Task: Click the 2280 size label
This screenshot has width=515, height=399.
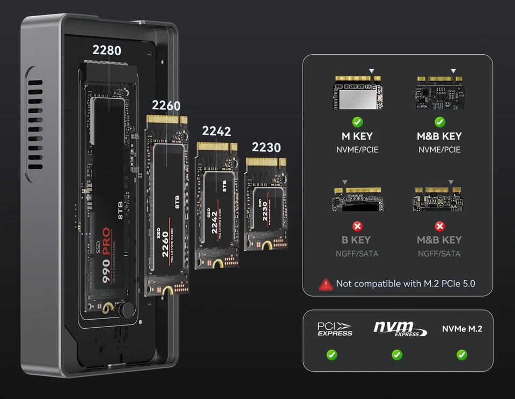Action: click(x=107, y=50)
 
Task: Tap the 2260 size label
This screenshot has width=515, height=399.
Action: click(x=166, y=106)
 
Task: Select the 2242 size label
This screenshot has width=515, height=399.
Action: click(x=216, y=131)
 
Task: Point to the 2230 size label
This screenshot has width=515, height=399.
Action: click(x=266, y=147)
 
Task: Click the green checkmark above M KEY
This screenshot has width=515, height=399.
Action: click(x=357, y=122)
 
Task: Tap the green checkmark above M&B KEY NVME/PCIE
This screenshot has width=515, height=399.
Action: click(x=439, y=122)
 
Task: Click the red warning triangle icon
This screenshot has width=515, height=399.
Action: click(x=326, y=284)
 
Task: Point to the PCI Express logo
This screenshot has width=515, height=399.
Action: click(x=335, y=329)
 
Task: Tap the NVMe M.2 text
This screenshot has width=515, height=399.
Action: click(x=461, y=329)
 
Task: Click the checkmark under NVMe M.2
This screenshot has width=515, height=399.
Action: click(x=461, y=354)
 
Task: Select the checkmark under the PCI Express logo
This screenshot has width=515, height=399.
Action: click(x=332, y=354)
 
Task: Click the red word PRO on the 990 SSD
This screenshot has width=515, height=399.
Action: click(x=106, y=241)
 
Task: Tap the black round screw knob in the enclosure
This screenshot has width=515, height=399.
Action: click(x=128, y=311)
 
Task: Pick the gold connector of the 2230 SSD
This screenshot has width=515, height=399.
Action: click(x=266, y=162)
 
